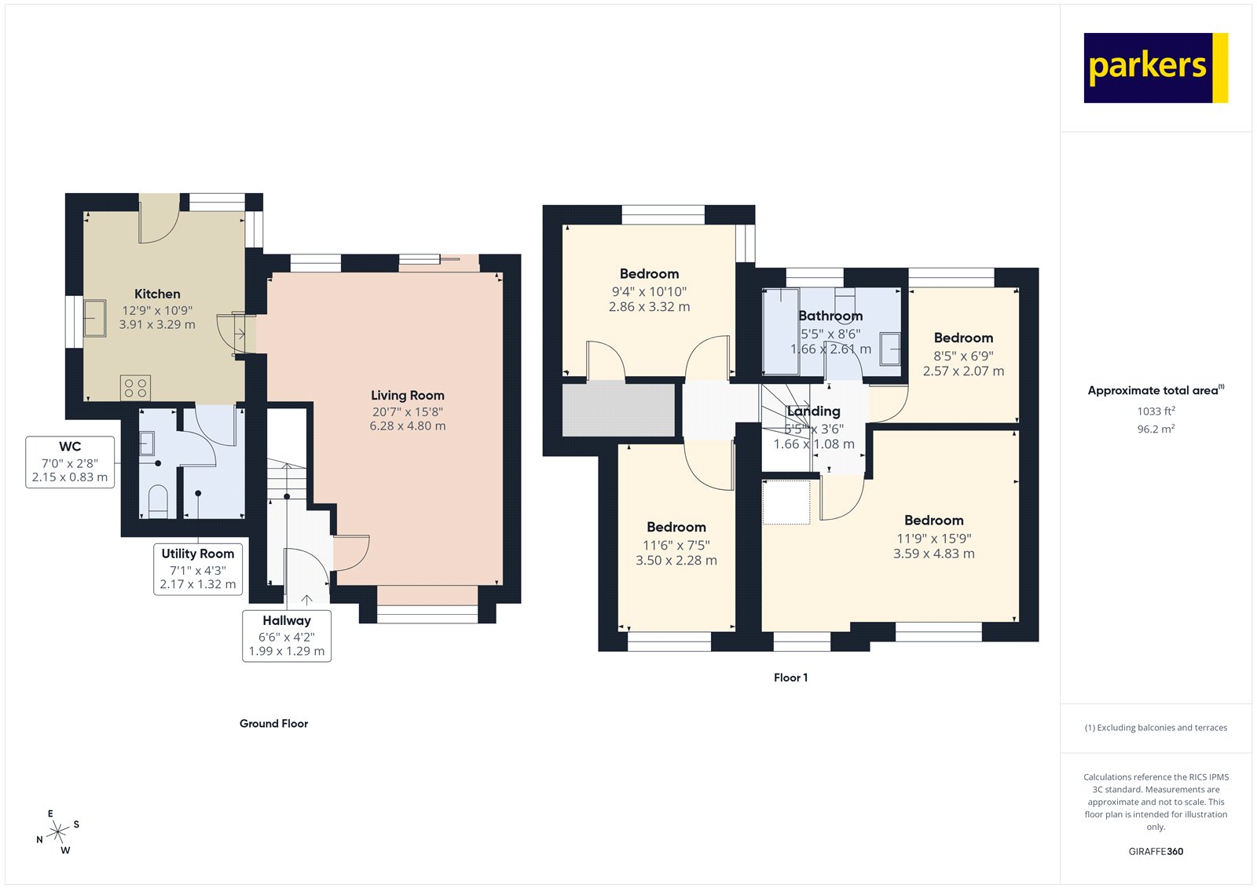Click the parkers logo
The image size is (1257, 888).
coord(1155,68)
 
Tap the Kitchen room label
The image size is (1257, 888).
coord(157,294)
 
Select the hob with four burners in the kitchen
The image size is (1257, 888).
coord(135,388)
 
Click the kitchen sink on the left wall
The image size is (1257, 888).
coord(95,318)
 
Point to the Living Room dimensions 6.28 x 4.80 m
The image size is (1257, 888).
coord(407,426)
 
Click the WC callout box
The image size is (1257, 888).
coord(70,462)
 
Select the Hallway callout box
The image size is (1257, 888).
coord(286,635)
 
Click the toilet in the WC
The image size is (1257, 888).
coord(158,501)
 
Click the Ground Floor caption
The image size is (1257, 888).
coord(273,724)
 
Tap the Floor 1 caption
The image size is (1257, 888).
coord(790,678)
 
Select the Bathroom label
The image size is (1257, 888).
coord(830,316)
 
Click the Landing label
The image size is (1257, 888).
coord(814,411)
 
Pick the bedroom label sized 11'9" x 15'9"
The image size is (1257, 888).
coord(933,521)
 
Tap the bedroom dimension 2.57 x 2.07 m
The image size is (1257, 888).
coord(963,371)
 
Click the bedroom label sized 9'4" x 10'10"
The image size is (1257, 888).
coord(649,274)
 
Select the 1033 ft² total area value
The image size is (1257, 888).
coord(1156,411)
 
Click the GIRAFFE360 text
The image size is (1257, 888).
coord(1156,851)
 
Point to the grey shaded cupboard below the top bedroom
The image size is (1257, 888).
coord(619,409)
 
